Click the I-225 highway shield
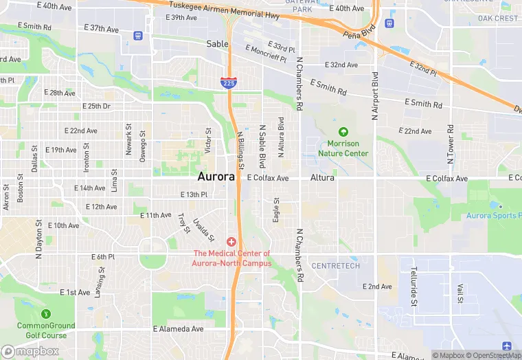tap(229, 82)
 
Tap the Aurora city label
tap(216, 177)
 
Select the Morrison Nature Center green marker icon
tap(343, 132)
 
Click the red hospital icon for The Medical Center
tap(231, 242)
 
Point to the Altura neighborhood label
tap(322, 177)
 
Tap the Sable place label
tap(217, 43)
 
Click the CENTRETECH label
tap(335, 266)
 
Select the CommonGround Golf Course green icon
tap(45, 313)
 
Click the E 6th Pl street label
tap(103, 257)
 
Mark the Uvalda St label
tap(204, 229)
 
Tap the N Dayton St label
tap(39, 240)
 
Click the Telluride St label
tap(414, 286)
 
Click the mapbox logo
tap(30, 351)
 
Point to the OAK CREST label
tap(498, 19)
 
